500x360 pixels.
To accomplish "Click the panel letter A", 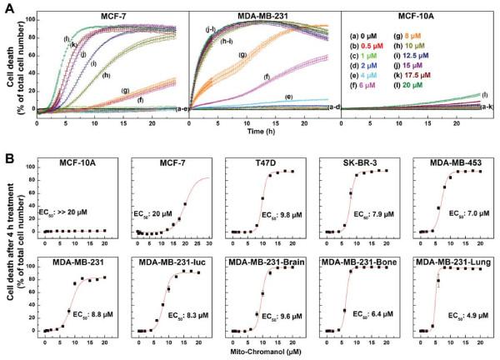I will [7, 7].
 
